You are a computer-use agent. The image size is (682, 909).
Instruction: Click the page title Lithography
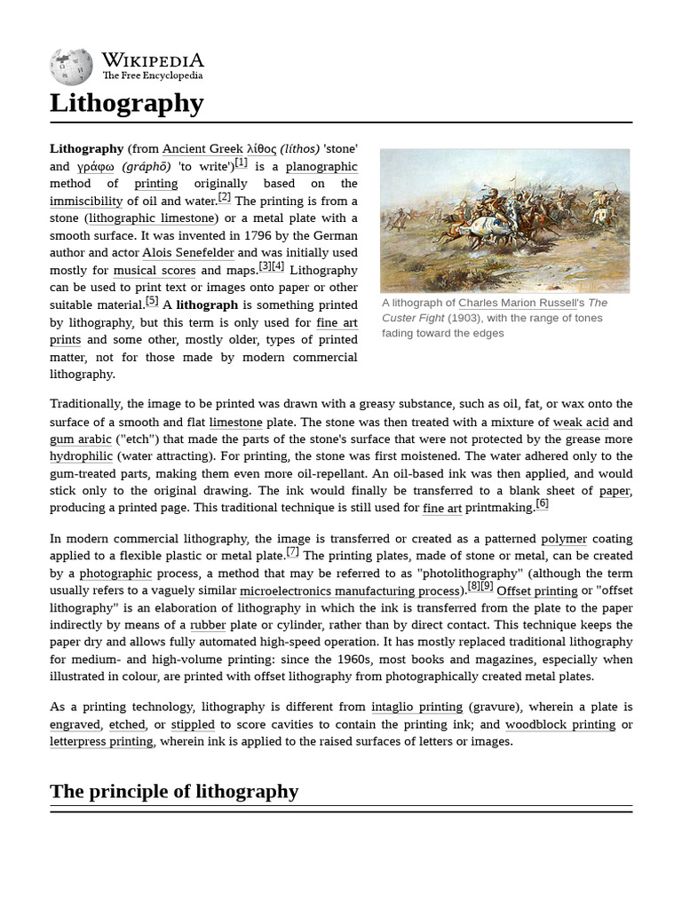click(x=127, y=103)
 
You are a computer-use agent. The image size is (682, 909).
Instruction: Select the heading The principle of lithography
click(x=174, y=791)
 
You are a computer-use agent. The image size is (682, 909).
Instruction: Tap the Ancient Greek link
click(x=202, y=149)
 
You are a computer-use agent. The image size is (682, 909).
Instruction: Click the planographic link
click(x=321, y=166)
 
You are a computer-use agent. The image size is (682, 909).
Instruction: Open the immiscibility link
click(x=86, y=201)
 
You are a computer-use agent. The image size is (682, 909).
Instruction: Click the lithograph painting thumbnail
click(x=504, y=220)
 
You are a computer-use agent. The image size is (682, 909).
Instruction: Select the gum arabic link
click(x=81, y=439)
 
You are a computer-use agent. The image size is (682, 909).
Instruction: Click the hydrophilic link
click(x=82, y=456)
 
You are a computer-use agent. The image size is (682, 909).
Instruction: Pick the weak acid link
click(x=581, y=422)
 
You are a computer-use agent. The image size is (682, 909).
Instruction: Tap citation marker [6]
click(x=542, y=504)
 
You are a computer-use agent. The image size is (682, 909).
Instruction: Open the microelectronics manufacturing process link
click(x=349, y=590)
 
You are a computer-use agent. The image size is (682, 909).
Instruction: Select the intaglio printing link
click(x=416, y=707)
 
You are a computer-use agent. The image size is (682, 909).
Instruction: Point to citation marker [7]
click(x=293, y=552)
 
